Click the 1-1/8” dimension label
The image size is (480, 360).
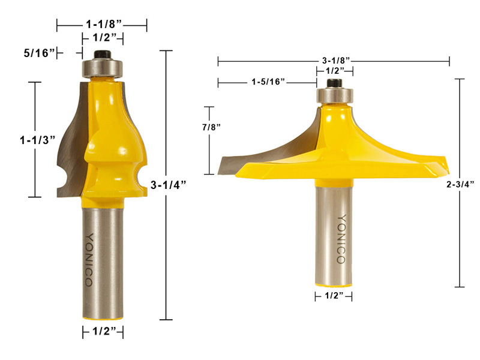pos(101,25)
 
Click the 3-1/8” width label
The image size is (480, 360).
pos(334,61)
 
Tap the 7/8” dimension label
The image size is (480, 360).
pos(211,127)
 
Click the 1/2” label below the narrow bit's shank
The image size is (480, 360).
pos(103,331)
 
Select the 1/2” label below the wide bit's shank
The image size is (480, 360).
pos(333,296)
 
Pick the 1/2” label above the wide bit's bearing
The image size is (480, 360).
pos(335,70)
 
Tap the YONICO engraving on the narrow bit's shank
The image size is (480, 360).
pos(90,259)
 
